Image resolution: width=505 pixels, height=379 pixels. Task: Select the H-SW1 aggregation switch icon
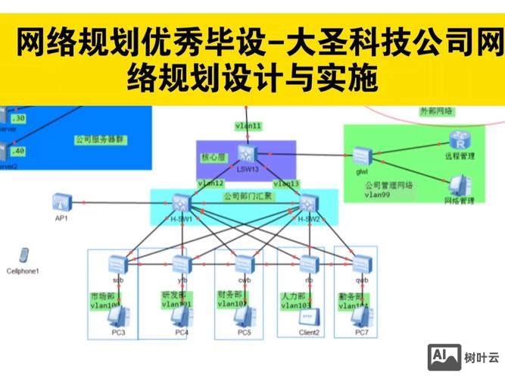point(180,203)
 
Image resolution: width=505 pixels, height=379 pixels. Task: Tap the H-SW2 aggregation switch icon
point(307,203)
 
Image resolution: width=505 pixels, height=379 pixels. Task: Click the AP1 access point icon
point(61,202)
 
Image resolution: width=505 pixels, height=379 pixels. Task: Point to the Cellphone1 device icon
point(23,256)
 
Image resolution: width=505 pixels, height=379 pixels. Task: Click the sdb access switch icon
point(118,264)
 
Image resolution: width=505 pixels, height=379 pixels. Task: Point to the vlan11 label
point(248,125)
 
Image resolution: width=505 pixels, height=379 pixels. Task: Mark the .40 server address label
point(18,150)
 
